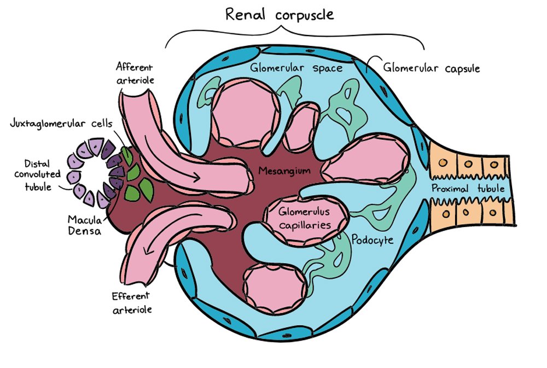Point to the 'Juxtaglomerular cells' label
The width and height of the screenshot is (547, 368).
click(x=60, y=124)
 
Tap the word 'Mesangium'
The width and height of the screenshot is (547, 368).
click(x=284, y=171)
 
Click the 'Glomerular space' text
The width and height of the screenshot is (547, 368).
click(x=296, y=68)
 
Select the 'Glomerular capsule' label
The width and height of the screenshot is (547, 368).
click(x=431, y=68)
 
